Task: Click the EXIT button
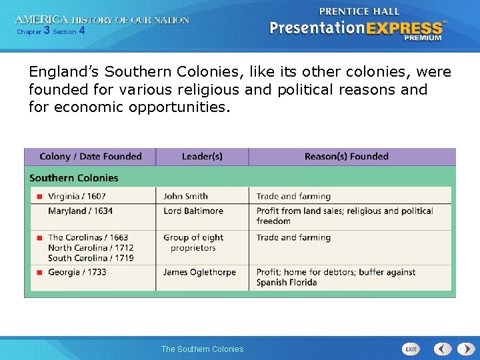(x=411, y=349)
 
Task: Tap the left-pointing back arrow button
(x=443, y=349)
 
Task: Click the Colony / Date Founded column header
(x=91, y=157)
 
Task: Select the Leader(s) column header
(x=202, y=157)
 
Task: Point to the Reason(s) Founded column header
(x=346, y=157)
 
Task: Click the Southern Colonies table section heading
(x=73, y=178)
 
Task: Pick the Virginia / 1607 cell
(x=77, y=196)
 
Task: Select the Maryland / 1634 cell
(x=80, y=211)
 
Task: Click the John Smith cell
(x=185, y=196)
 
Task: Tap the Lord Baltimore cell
(x=193, y=211)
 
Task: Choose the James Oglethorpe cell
(x=199, y=272)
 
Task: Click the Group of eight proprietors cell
(x=193, y=243)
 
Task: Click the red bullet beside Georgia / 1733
(x=40, y=272)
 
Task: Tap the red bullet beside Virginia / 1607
(x=40, y=197)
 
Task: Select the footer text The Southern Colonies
(x=202, y=349)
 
